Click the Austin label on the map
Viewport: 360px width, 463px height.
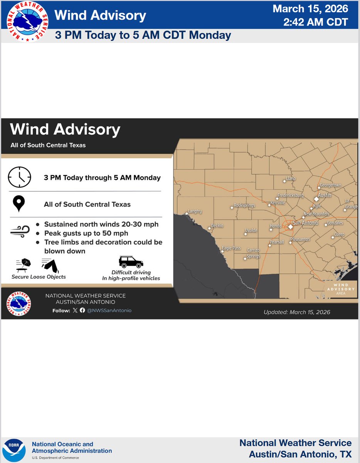point(325,195)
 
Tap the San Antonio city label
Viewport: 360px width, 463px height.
point(306,223)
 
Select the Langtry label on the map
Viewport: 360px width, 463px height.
point(195,211)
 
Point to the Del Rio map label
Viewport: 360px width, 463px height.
point(217,226)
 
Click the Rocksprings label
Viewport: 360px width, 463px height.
point(244,205)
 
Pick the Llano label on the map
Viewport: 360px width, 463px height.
point(291,179)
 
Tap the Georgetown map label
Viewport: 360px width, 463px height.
point(330,185)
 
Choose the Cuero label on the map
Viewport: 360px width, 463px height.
point(339,235)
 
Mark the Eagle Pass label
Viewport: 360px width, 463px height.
point(231,248)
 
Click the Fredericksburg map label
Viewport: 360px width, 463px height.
point(291,196)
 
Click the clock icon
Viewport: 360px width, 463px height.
point(19,177)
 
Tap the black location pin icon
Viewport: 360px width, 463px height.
point(19,204)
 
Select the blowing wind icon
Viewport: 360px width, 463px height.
point(19,232)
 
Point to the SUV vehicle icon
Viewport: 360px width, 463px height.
point(131,262)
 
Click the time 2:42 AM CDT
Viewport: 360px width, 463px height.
point(315,22)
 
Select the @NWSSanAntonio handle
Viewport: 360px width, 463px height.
point(109,310)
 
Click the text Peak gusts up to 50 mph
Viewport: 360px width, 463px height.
point(86,233)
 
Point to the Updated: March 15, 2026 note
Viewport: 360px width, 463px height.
point(297,312)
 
